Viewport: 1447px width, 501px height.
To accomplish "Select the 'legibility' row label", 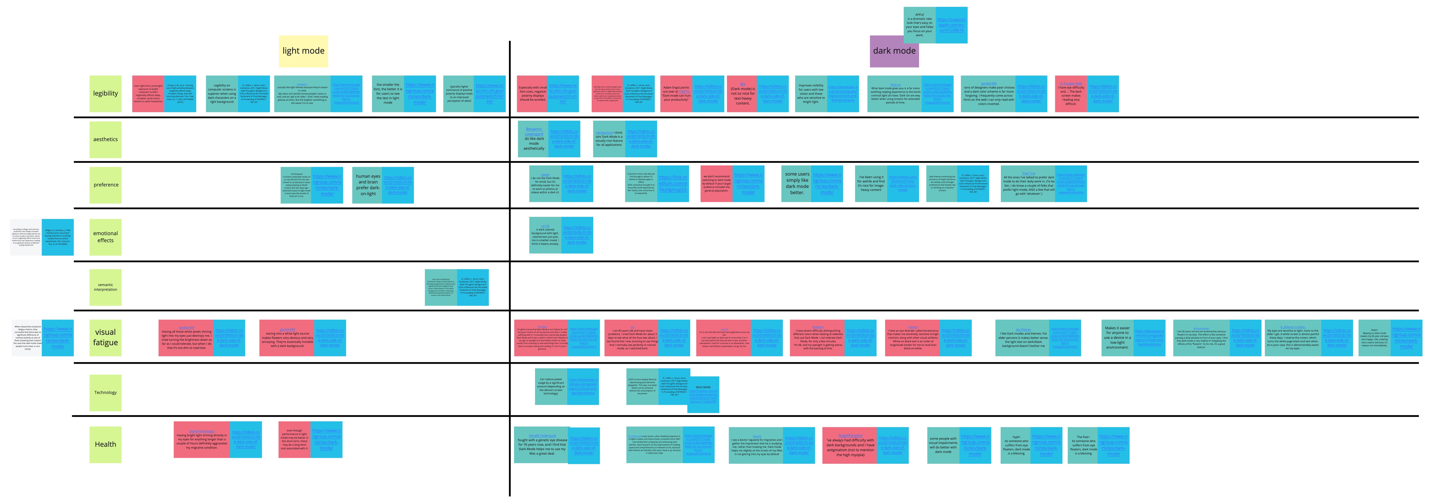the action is (106, 93).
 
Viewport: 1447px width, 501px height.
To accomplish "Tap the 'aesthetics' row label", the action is (106, 139).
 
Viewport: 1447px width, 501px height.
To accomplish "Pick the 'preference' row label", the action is (106, 185).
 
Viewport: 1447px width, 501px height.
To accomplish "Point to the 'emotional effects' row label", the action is (106, 237).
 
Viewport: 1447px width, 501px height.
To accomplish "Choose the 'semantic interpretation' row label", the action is (106, 287).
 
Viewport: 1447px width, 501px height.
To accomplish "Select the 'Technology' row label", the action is (106, 393).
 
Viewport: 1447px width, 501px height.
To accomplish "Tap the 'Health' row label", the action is (106, 444).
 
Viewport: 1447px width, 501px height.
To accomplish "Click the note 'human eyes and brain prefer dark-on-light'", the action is (368, 185).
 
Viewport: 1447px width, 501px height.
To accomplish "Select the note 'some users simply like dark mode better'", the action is (797, 184).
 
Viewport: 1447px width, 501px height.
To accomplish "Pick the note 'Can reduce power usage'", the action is (551, 386).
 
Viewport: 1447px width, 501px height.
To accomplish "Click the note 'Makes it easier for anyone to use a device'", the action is (1117, 338).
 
